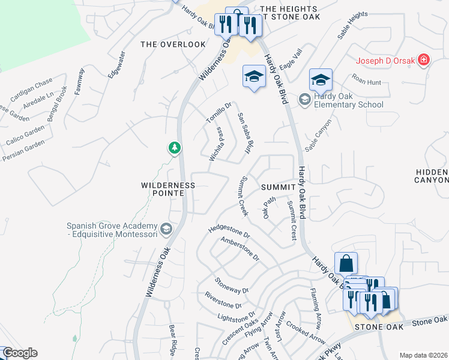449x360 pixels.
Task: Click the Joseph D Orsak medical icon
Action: (x=424, y=60)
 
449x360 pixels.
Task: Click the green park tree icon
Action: (x=175, y=148)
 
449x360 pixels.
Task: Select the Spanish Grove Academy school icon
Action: (x=166, y=229)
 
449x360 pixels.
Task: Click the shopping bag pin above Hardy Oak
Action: (x=346, y=263)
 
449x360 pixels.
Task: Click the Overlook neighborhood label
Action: (x=165, y=44)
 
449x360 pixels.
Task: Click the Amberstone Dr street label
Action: (x=240, y=248)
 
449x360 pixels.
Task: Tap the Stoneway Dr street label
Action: (x=232, y=286)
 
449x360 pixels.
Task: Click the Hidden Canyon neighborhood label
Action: (x=432, y=176)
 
